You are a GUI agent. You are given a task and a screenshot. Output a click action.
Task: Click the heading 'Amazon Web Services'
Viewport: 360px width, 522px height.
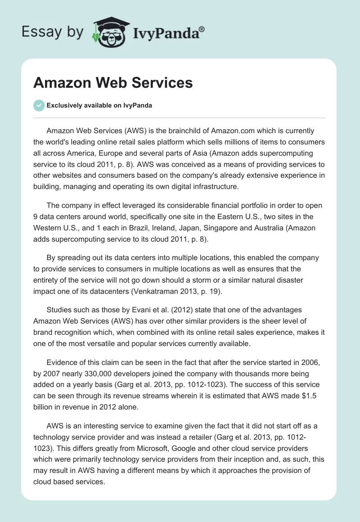coord(113,83)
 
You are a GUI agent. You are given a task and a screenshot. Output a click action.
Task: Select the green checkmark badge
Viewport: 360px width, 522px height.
coord(39,106)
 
